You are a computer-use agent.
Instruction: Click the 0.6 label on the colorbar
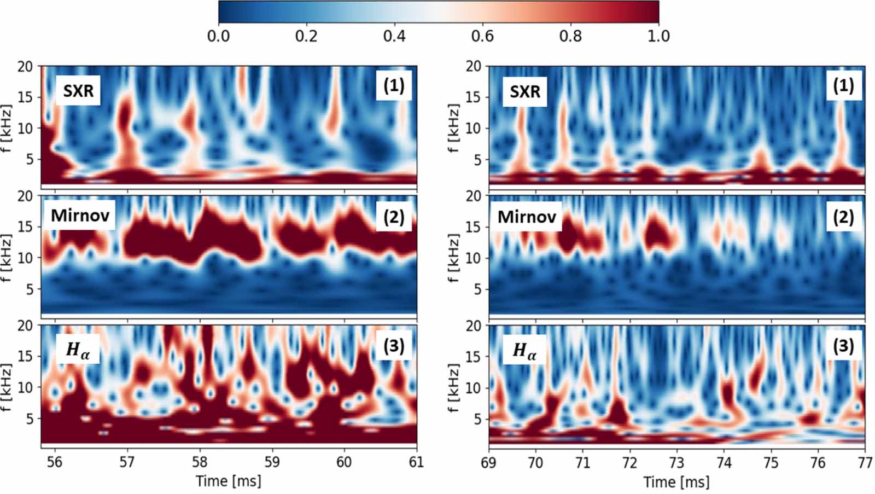point(482,36)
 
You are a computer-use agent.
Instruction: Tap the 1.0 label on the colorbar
point(658,36)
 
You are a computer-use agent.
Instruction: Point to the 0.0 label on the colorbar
point(218,36)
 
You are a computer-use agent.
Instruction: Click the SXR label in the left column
point(78,91)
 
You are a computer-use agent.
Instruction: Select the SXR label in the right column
point(525,91)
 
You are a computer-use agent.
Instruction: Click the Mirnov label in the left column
point(80,216)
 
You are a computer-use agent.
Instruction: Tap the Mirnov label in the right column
point(527,217)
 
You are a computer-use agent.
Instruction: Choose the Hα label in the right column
point(524,350)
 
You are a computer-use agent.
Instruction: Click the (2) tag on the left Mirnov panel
point(394,217)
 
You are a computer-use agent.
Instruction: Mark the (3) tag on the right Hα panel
point(843,346)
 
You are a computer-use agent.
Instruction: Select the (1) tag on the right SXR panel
point(843,85)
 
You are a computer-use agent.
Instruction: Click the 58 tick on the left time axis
point(200,462)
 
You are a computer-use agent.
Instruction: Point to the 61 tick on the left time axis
point(416,462)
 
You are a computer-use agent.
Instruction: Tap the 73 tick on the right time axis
point(676,463)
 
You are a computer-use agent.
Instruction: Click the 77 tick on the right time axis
point(865,463)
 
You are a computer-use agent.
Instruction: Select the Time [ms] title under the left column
point(229,481)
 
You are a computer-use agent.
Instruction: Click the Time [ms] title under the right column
point(676,482)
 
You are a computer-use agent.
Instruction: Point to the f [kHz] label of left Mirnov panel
point(7,258)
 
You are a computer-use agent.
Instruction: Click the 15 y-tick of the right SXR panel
point(473,97)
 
